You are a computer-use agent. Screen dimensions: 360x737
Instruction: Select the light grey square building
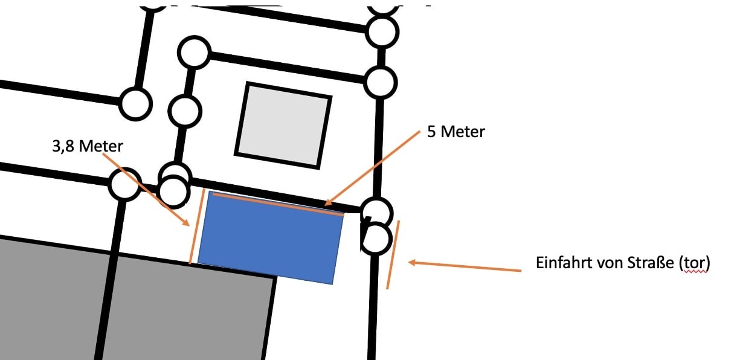click(x=283, y=125)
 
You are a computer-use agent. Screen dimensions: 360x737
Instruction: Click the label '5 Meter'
click(x=455, y=132)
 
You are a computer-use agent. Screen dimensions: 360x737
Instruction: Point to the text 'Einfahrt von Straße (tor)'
click(x=622, y=264)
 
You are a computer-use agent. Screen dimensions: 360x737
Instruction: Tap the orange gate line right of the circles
click(x=393, y=254)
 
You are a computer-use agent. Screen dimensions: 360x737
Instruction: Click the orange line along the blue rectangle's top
click(x=277, y=204)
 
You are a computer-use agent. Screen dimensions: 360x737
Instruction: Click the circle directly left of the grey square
click(x=184, y=111)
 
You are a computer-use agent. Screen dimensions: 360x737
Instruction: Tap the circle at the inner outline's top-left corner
click(x=193, y=53)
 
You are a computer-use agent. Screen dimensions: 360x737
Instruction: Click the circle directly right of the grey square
click(x=381, y=82)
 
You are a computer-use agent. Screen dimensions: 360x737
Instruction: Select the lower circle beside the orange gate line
click(x=376, y=237)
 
